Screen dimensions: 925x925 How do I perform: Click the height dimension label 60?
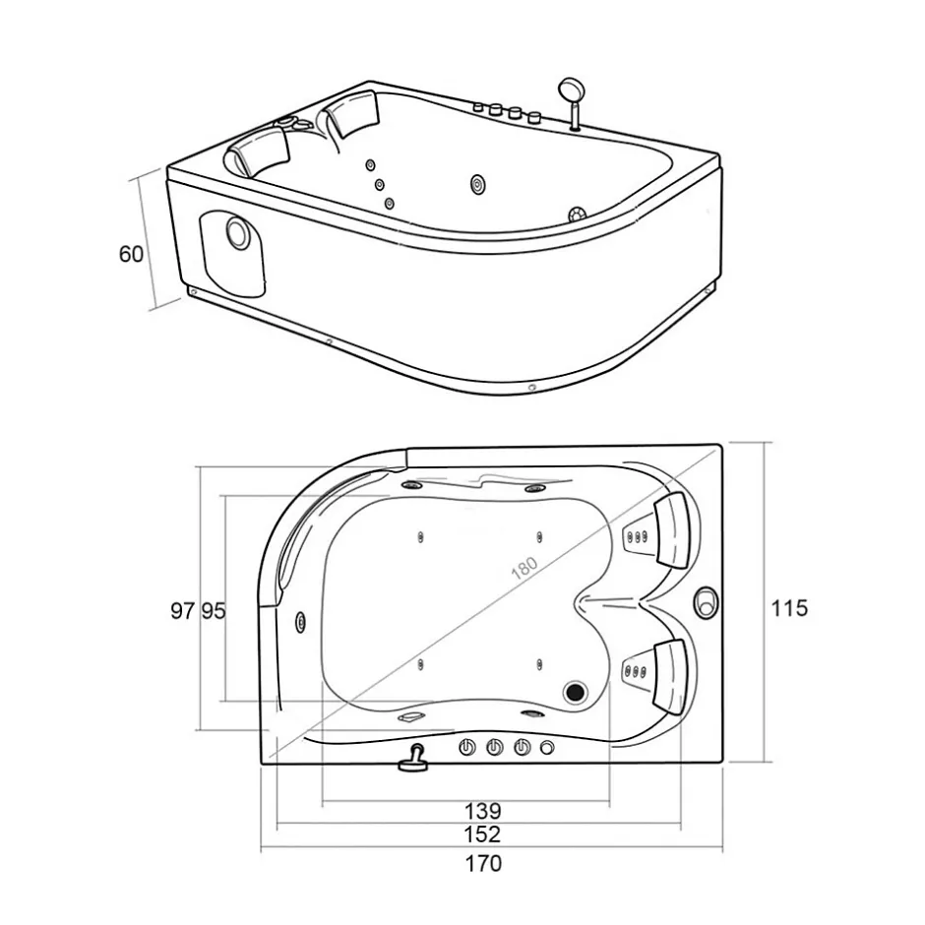[131, 254]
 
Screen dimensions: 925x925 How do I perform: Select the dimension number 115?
[789, 607]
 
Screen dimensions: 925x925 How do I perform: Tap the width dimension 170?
[483, 864]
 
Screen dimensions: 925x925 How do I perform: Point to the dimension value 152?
[482, 834]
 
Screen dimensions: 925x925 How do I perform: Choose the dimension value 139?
[482, 811]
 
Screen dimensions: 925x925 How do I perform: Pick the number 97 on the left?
[182, 610]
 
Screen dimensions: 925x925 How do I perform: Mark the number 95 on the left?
[214, 610]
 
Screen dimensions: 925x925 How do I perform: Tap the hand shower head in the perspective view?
[571, 90]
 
